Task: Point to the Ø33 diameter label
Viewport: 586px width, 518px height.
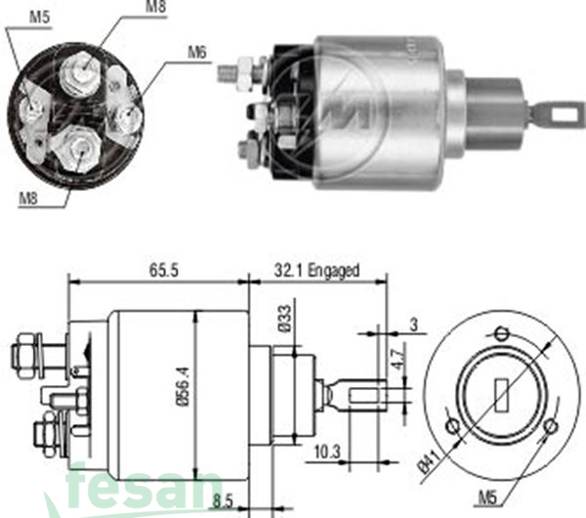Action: [x=283, y=321]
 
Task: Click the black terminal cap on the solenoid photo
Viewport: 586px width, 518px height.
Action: [x=291, y=109]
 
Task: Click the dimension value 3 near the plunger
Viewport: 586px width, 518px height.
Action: [x=414, y=325]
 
